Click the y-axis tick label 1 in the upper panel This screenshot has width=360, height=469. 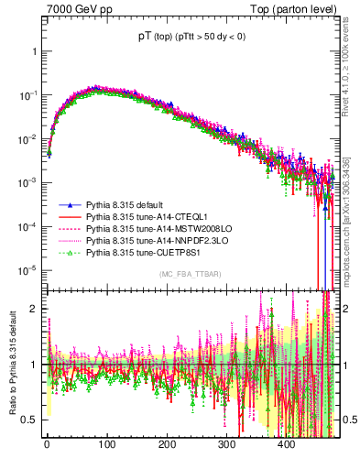(35, 51)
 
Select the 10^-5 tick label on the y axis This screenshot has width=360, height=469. (29, 269)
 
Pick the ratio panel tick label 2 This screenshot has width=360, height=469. (35, 309)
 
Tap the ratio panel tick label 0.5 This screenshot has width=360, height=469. (31, 420)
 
